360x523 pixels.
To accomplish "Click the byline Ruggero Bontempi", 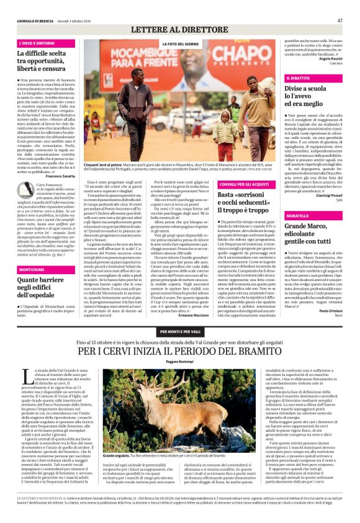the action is (x=179, y=360).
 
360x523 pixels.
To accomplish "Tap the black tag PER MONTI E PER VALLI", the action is (x=179, y=333).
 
